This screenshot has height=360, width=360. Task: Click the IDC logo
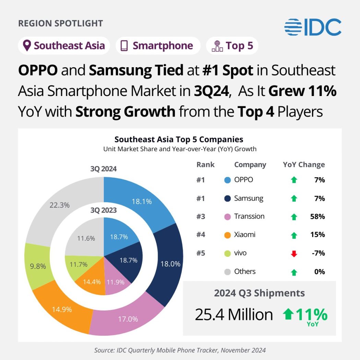[313, 27]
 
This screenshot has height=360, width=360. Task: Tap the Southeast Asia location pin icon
[27, 46]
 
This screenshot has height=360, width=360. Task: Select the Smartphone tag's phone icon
[124, 46]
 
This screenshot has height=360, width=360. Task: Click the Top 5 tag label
[239, 46]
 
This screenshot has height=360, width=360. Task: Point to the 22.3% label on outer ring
[60, 205]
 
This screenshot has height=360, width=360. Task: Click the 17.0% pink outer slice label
[128, 319]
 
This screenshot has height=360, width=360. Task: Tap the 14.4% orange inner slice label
[92, 282]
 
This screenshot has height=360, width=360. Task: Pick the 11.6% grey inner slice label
[86, 238]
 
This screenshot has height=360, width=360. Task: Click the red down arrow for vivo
[294, 254]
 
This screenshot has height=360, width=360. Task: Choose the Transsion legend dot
[227, 217]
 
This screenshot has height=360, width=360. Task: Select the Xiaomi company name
[245, 235]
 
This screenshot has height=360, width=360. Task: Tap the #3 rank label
[201, 217]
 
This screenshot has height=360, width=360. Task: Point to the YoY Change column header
[304, 165]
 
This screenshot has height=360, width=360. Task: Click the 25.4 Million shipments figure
[234, 315]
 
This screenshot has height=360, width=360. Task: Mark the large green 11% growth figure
[311, 314]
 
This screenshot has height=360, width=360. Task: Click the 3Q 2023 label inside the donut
[104, 210]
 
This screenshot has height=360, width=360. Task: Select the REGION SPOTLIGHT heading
[60, 24]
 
